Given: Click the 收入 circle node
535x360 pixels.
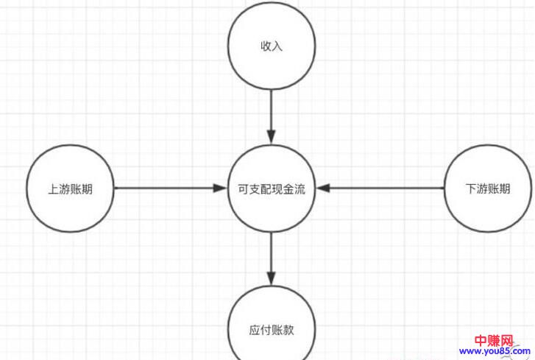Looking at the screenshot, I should (272, 46).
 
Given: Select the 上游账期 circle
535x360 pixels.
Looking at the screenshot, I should (71, 189).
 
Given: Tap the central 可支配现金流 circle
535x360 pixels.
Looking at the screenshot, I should (272, 189).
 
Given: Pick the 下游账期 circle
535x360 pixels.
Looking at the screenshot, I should (488, 189).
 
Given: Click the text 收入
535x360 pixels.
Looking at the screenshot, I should (272, 46).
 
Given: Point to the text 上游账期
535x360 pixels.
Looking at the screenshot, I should (71, 189).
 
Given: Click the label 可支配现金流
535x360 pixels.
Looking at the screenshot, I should (272, 189).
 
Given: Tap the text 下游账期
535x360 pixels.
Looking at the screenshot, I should (488, 189).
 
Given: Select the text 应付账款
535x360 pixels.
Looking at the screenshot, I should (272, 329).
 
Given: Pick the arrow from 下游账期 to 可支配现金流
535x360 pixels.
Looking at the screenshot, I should (383, 188).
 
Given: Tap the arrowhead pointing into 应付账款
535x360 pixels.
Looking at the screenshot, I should (272, 280).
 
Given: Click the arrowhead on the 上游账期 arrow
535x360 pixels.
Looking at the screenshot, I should (219, 188).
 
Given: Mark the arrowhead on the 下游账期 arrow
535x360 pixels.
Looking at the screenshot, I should (324, 188).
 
